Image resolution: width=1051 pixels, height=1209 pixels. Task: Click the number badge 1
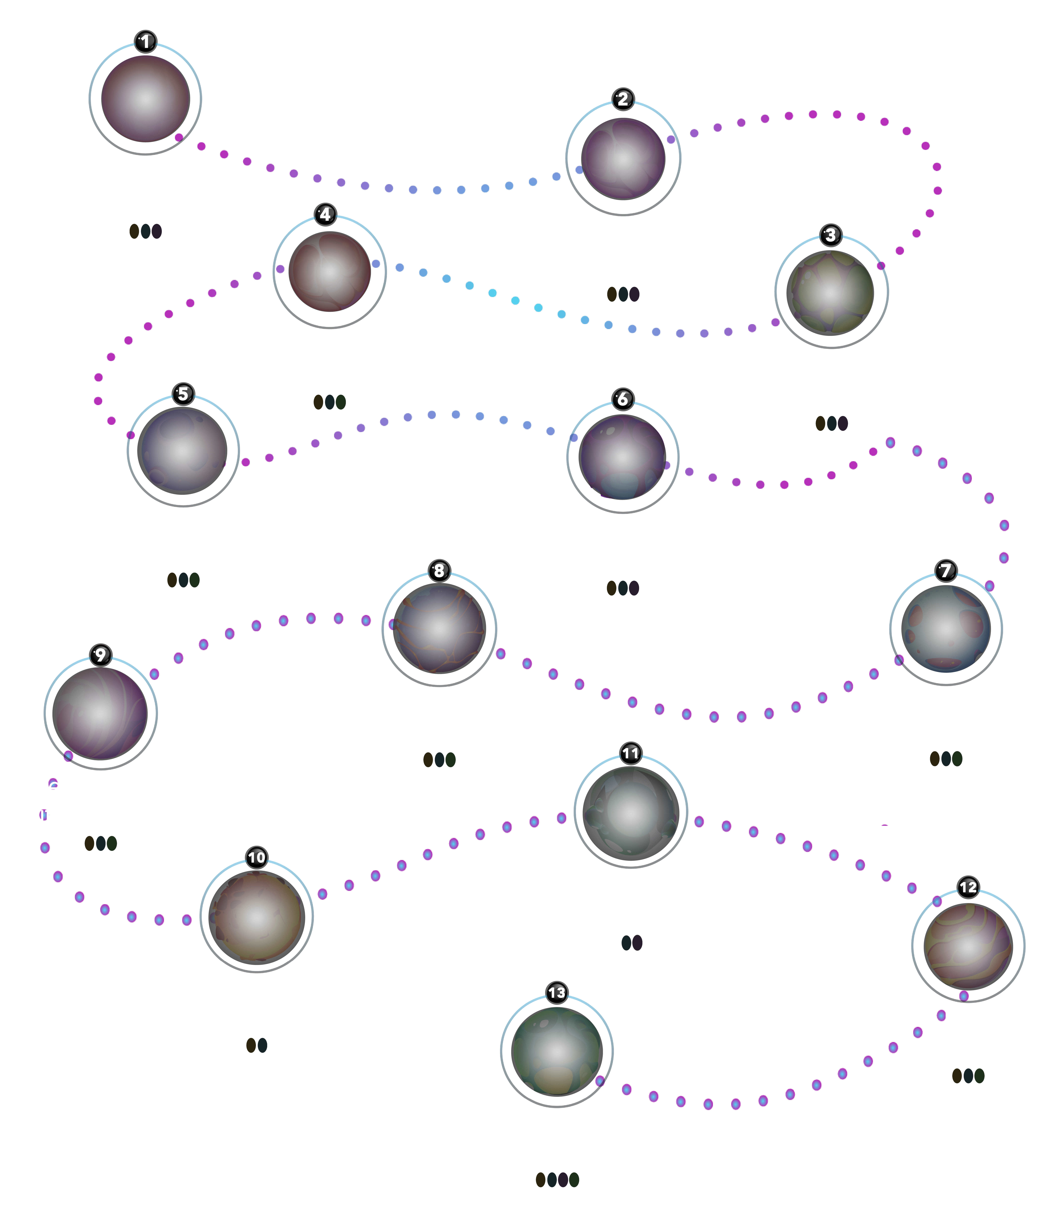145,42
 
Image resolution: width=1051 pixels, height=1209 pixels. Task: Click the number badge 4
325,215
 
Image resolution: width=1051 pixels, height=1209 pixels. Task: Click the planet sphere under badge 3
830,293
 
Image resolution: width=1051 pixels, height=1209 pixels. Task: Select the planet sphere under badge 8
439,628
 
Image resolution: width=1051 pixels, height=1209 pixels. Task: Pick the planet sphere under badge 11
630,813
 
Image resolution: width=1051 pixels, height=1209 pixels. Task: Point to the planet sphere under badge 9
100,713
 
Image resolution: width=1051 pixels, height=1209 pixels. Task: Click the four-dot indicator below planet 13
557,1180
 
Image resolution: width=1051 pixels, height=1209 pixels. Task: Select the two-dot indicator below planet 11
632,943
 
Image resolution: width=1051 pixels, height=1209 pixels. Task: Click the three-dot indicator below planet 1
145,231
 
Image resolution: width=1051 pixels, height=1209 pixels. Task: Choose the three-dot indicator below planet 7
946,758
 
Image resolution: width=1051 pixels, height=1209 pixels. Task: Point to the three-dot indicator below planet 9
101,843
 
